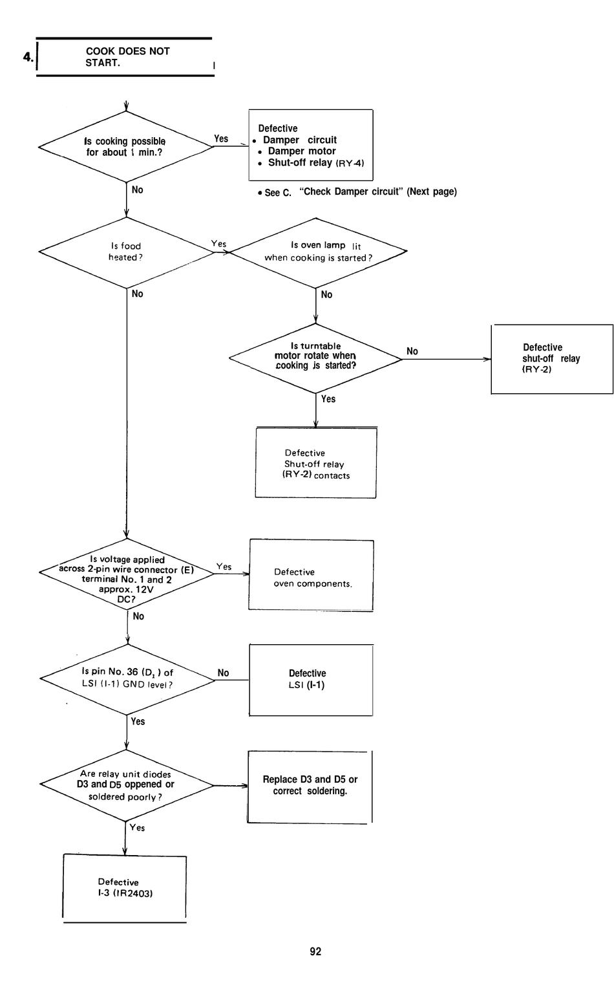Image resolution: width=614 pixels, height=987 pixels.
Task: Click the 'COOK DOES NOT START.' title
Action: tap(128, 57)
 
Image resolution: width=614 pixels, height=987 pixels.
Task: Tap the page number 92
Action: tap(315, 951)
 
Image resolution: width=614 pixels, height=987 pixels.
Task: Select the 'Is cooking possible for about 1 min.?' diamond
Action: tap(126, 146)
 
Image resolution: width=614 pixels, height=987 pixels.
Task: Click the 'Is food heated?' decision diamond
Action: tap(127, 252)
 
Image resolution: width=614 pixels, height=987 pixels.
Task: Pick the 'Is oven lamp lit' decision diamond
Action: tap(317, 252)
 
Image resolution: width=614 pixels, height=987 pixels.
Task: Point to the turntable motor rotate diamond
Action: tap(315, 358)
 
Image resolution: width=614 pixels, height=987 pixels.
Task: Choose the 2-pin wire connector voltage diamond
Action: tap(127, 574)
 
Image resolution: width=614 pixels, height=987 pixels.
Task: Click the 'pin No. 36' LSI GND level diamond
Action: tap(127, 679)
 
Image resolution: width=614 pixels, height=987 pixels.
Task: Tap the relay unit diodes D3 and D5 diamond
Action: tap(127, 785)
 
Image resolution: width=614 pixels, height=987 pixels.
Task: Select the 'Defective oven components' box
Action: tap(311, 575)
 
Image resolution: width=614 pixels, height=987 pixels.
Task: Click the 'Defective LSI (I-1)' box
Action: tap(311, 680)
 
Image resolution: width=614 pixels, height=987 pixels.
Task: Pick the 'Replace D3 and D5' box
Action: tap(310, 787)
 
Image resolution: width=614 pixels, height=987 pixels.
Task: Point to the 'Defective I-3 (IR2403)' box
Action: tap(125, 889)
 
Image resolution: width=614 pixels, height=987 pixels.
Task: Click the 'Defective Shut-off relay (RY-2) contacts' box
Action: tap(316, 462)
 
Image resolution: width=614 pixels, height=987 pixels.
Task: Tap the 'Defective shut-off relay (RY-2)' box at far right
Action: tap(552, 359)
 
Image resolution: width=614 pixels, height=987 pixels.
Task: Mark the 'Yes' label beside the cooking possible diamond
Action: tap(221, 138)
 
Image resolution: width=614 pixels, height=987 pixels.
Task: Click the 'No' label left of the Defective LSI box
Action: tap(224, 673)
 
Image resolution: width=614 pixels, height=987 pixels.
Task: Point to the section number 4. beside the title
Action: tap(28, 57)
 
